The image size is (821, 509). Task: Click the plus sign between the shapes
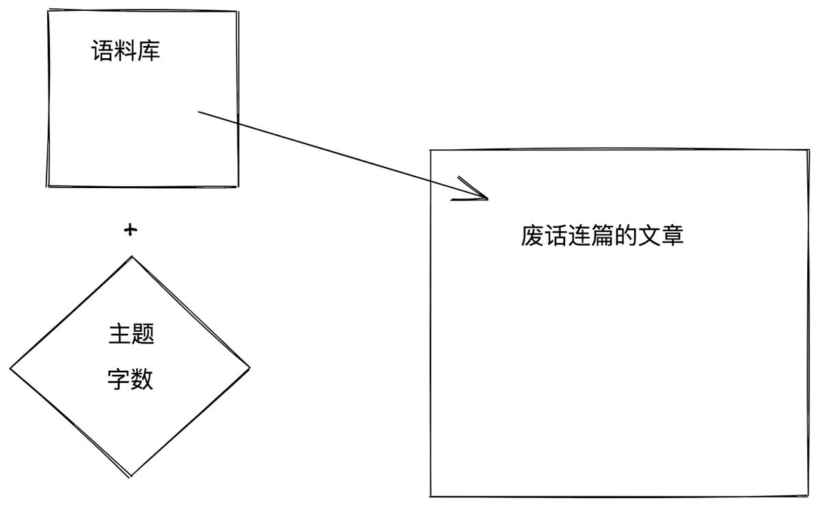(x=130, y=231)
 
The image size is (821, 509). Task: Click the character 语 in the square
(x=103, y=51)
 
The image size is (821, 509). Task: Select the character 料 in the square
(x=126, y=51)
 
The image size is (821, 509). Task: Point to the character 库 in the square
(x=149, y=51)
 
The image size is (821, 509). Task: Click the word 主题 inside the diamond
(x=131, y=334)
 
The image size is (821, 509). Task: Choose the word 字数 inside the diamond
(x=131, y=379)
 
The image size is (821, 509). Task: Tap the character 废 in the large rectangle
(x=532, y=236)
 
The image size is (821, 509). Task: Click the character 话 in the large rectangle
(x=556, y=236)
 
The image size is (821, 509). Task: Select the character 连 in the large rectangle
(x=579, y=236)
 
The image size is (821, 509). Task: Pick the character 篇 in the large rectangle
(x=602, y=236)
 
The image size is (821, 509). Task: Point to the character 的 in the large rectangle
(x=625, y=236)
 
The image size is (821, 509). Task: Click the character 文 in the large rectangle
(x=649, y=236)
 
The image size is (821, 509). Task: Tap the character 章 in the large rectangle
(x=672, y=236)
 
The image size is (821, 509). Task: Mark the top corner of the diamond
(x=131, y=257)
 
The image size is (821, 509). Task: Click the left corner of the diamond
(x=11, y=369)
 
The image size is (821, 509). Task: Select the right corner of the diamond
(x=250, y=367)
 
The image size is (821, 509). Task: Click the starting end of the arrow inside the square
(x=198, y=111)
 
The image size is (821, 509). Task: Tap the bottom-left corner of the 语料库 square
(x=47, y=185)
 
